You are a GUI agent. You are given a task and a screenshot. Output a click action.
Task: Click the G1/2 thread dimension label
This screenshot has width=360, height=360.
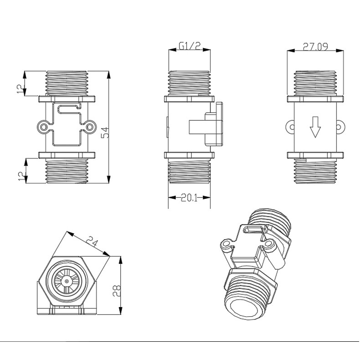click(189, 46)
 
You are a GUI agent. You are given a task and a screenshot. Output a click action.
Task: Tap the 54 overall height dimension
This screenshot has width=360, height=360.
click(104, 132)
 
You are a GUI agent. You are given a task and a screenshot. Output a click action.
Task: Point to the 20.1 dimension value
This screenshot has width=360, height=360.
click(189, 197)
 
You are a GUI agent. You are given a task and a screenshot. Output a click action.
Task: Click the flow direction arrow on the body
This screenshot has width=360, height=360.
click(314, 127)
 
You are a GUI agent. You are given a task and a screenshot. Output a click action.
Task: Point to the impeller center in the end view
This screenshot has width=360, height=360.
click(67, 282)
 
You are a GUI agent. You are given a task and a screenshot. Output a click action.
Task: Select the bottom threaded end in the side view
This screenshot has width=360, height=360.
click(189, 174)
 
